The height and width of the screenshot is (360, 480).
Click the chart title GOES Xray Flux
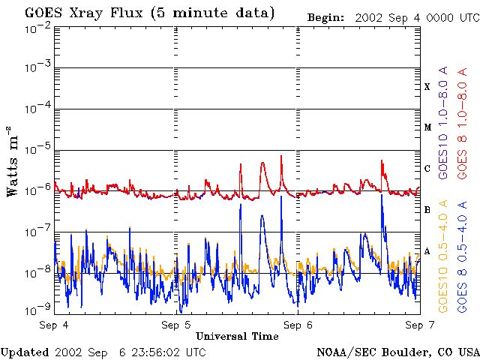point(84,13)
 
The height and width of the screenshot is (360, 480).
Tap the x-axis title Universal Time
point(237,337)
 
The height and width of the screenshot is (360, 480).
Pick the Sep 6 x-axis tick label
point(298,325)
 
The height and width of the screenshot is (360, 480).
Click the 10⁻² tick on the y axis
point(37,31)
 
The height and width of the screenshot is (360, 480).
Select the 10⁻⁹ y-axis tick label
point(37,310)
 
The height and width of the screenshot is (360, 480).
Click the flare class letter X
point(427,87)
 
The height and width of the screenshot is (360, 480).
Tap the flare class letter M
point(427,127)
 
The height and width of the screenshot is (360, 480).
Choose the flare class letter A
point(427,251)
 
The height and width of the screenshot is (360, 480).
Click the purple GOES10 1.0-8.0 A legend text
point(442,123)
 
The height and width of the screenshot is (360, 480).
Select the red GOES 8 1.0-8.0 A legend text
point(462,124)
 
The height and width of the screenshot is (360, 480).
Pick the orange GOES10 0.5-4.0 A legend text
point(442,256)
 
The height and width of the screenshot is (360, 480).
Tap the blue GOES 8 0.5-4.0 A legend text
point(462,256)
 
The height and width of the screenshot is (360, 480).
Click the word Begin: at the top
point(325,18)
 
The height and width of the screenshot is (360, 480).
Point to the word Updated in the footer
point(25,352)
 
